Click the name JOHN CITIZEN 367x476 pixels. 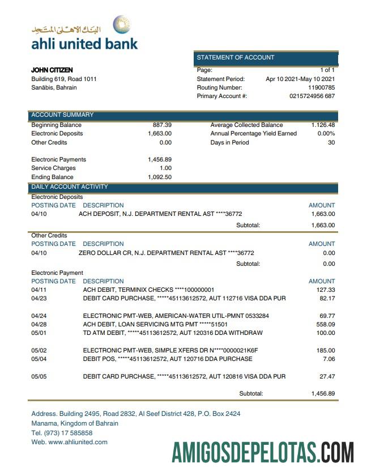point(52,70)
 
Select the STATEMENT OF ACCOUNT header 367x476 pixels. point(236,57)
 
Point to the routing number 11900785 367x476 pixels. point(321,88)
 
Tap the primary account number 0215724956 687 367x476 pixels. point(312,96)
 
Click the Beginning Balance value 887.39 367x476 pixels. point(162,125)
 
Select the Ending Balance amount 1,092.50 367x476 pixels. point(160,177)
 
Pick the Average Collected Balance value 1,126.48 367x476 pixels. point(323,125)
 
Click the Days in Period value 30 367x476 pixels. point(331,142)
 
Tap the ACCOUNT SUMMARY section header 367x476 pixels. point(62,115)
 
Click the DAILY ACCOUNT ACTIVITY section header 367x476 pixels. point(70,187)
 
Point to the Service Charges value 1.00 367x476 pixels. point(165,168)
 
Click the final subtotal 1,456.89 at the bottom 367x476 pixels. point(323,393)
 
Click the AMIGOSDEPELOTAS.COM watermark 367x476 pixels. point(263,453)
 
